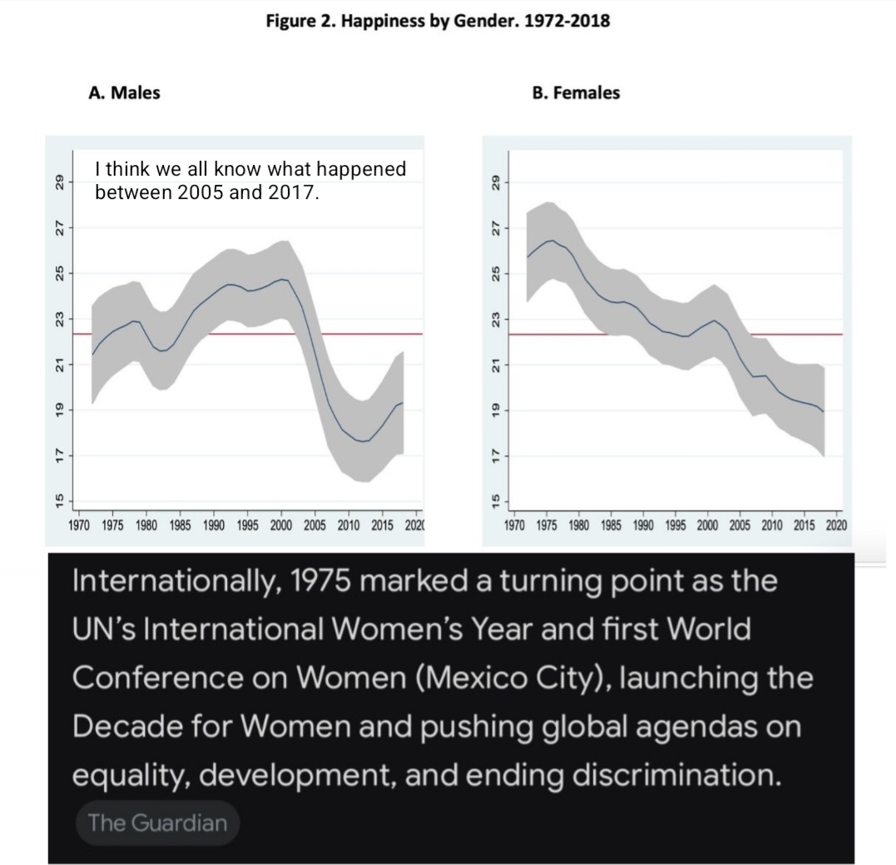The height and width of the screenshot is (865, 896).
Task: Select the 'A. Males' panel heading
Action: (x=124, y=92)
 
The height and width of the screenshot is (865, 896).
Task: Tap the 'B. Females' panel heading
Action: (x=576, y=92)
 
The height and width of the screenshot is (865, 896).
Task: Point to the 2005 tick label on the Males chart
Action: (x=314, y=525)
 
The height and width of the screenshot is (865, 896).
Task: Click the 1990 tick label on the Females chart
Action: (x=643, y=525)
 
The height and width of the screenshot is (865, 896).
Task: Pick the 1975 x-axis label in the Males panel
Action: (x=112, y=525)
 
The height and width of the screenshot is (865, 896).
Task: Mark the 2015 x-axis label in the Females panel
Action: (x=804, y=525)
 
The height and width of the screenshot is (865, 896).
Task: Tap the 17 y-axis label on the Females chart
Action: (x=496, y=455)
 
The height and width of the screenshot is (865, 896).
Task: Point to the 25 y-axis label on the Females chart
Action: (x=496, y=273)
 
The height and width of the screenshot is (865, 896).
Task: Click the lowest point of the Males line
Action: (x=362, y=441)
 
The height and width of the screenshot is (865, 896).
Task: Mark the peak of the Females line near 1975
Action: (x=552, y=241)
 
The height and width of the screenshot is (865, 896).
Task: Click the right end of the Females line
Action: (x=824, y=411)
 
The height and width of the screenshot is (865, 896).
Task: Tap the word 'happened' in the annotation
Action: (x=361, y=169)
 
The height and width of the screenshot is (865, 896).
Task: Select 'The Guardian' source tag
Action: (x=158, y=823)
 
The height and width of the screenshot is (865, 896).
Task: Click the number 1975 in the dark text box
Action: (x=319, y=581)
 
